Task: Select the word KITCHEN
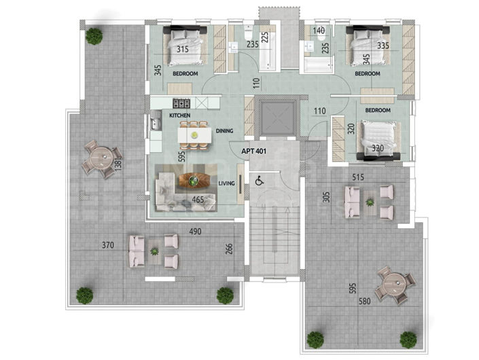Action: point(179,116)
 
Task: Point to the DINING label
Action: point(225,130)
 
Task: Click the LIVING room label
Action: point(226,182)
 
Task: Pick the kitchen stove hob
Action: point(182,103)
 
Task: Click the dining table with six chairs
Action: point(194,134)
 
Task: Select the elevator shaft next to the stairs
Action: point(274,118)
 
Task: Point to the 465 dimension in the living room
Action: point(198,200)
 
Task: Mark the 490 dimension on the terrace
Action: point(196,232)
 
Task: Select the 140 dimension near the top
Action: point(319,31)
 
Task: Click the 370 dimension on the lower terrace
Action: point(107,245)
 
